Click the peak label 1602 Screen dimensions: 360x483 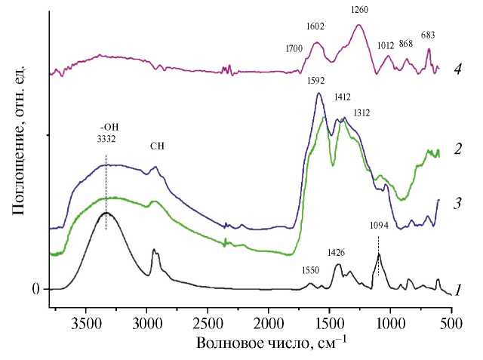[x=315, y=26]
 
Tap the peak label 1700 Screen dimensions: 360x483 [x=294, y=50]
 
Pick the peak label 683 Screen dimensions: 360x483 [x=428, y=35]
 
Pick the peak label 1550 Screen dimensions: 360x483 [x=311, y=270]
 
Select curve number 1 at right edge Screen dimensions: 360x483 [x=457, y=291]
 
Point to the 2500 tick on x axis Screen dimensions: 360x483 [x=208, y=319]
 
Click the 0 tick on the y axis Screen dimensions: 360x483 [x=34, y=289]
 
